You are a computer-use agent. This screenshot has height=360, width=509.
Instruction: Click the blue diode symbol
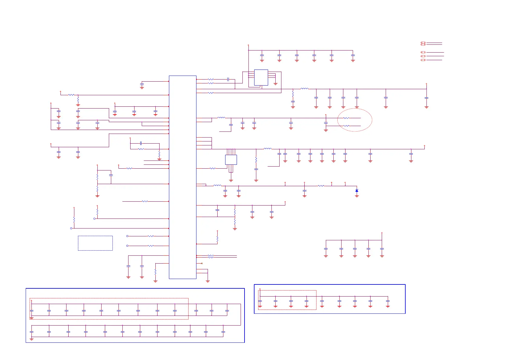tap(357, 190)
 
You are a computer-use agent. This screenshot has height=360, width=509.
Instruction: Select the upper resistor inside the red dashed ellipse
tap(346, 118)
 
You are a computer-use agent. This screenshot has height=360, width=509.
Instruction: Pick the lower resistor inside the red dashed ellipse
tap(346, 126)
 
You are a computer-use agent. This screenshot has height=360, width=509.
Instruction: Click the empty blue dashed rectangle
tap(95, 243)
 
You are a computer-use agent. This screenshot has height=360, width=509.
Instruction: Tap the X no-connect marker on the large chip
tap(202, 264)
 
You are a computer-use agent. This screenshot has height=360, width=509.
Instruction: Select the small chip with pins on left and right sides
tap(261, 78)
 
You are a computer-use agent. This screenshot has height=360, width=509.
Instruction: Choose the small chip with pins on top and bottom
tap(231, 160)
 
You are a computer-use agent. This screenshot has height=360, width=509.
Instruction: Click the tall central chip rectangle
tap(183, 177)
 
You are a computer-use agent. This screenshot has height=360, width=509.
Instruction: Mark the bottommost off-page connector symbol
tap(423, 60)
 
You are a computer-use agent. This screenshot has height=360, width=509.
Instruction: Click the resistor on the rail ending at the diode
tap(321, 186)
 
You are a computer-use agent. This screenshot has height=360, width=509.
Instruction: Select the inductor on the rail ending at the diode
tap(217, 185)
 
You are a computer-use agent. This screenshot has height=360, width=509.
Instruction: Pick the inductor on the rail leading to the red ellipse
tap(221, 118)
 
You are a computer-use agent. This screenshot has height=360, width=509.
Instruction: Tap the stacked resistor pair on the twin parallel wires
tap(211, 256)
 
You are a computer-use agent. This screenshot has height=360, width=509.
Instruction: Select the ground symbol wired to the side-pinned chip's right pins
tap(275, 84)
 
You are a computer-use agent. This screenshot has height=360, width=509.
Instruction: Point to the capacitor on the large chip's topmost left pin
tap(142, 84)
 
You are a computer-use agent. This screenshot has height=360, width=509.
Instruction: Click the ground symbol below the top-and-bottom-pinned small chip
tap(231, 180)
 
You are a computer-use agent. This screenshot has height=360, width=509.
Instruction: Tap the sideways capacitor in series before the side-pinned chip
tap(228, 79)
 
